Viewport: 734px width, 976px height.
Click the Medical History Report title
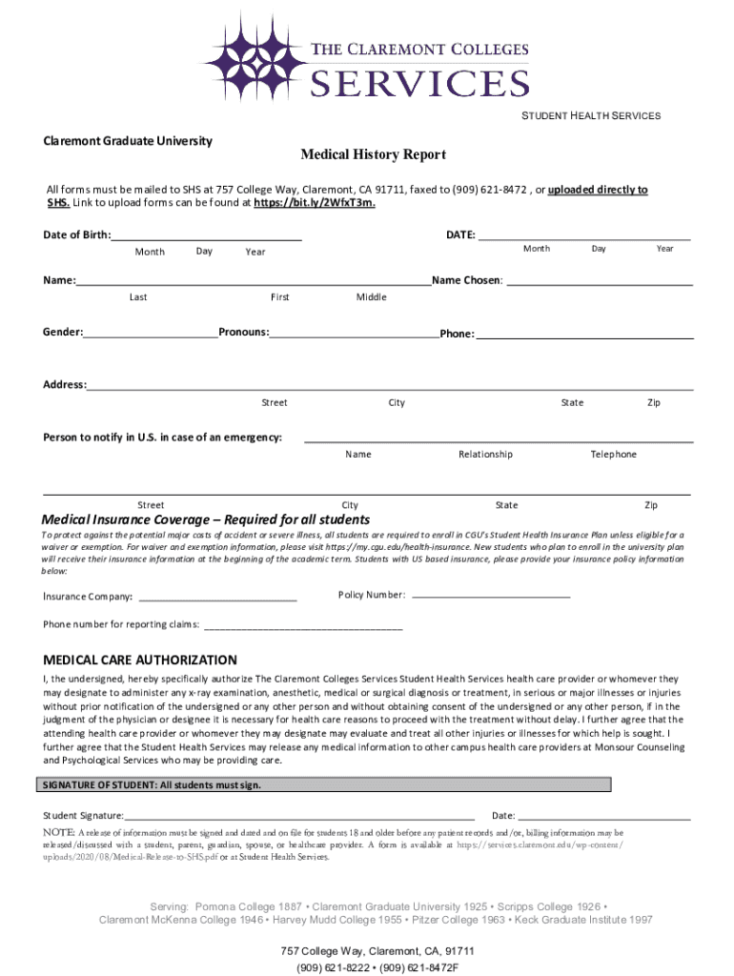373,154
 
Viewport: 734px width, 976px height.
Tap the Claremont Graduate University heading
128,141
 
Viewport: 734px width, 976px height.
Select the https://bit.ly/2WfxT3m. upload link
314,203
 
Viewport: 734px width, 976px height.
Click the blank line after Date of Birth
207,235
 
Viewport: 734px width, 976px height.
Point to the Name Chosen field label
467,281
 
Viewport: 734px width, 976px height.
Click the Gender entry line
151,333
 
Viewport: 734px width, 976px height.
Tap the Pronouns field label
243,333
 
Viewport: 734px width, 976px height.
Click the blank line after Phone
583,335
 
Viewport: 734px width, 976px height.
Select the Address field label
65,385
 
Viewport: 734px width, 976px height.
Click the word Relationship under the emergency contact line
485,455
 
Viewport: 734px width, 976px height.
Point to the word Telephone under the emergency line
613,455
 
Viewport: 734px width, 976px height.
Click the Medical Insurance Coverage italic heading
206,519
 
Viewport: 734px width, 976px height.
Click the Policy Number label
372,595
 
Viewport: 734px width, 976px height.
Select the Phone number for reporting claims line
302,626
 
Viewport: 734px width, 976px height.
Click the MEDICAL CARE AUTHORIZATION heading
140,660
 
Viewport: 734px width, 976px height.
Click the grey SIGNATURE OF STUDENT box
324,784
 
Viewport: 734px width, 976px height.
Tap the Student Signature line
299,816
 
